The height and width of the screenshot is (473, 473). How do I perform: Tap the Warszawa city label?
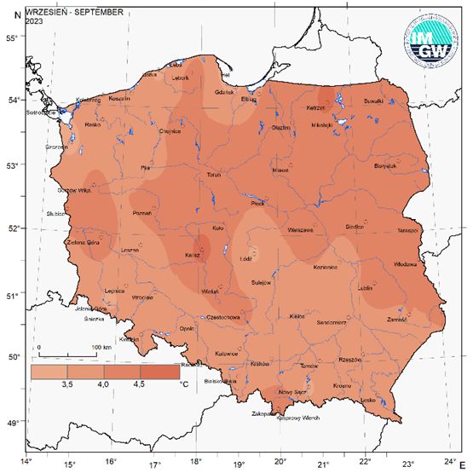pos(302,230)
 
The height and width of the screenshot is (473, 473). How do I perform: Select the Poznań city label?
pos(142,213)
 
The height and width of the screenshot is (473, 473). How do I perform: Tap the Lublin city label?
pos(366,289)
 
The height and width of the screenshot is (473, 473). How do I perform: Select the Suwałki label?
pos(374,101)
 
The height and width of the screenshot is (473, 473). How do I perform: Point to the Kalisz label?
pos(193,255)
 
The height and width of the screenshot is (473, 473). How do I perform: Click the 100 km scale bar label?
pos(101,348)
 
